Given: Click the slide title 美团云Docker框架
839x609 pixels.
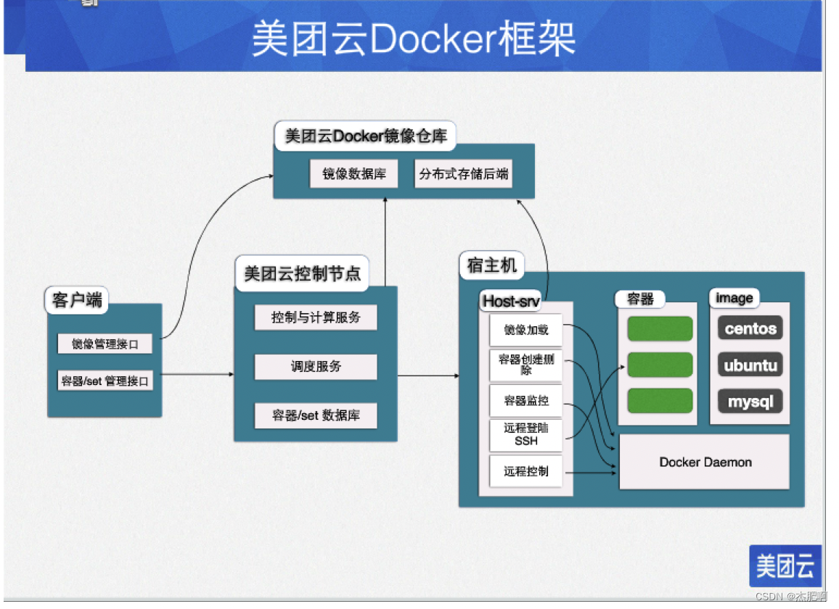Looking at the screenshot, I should [414, 38].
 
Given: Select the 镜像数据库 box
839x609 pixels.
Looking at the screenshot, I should [354, 174].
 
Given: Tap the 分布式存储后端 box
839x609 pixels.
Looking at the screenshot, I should [463, 174].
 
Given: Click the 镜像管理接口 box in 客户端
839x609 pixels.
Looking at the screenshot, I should [105, 344].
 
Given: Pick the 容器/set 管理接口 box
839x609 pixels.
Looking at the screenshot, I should [105, 381].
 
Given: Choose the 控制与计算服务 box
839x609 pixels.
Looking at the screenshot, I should [316, 318].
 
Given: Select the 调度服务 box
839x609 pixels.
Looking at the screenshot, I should [316, 367].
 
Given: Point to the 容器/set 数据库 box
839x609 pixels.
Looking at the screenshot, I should [316, 415].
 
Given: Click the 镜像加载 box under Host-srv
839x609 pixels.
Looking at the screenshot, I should [526, 330].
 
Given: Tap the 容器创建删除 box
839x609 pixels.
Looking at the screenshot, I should [526, 365].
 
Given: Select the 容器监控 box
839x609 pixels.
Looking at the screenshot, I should [526, 400].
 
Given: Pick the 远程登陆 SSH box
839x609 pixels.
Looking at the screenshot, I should [526, 434].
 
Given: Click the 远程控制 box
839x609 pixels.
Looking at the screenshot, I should [526, 471].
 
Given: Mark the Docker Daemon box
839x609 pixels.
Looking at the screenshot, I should [704, 462].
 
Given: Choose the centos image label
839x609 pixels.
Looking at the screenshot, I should [750, 328].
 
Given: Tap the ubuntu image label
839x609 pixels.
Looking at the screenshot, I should [750, 365].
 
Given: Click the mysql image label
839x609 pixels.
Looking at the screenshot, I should [750, 401].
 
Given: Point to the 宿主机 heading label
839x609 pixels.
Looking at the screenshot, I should [492, 266].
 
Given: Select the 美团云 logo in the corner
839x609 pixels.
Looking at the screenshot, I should [785, 565].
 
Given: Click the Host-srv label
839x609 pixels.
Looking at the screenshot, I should [511, 300].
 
